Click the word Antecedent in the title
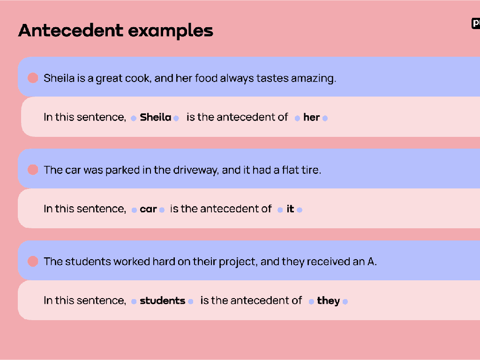(71, 30)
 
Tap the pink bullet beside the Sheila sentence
(33, 78)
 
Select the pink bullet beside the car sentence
(33, 170)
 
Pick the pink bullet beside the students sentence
(33, 262)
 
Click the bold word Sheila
(155, 117)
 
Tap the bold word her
(311, 117)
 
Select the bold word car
(148, 209)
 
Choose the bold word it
(290, 209)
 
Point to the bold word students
(162, 300)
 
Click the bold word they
(328, 300)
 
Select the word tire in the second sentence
(311, 170)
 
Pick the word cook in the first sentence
(137, 78)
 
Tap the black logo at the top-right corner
(475, 23)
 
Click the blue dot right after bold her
(325, 118)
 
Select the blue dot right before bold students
(134, 301)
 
